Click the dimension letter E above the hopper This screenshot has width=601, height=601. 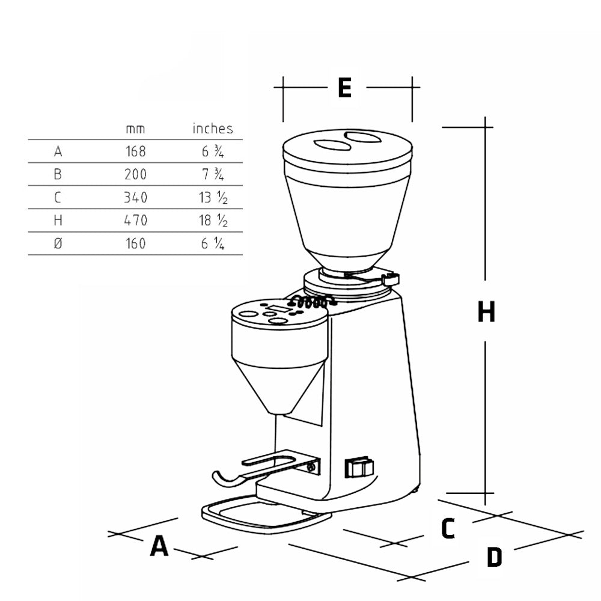coord(344,87)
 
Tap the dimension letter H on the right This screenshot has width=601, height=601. coord(486,311)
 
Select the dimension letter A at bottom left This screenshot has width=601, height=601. coord(159,546)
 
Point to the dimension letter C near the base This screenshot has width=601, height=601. coord(448,528)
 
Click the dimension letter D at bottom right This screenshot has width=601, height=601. coord(495,557)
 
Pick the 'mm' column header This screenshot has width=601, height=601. coord(135,129)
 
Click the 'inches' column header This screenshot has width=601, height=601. coord(213,129)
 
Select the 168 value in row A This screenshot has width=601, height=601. coord(136,151)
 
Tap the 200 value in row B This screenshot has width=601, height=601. coord(136,174)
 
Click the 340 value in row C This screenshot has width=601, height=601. coord(136,197)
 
